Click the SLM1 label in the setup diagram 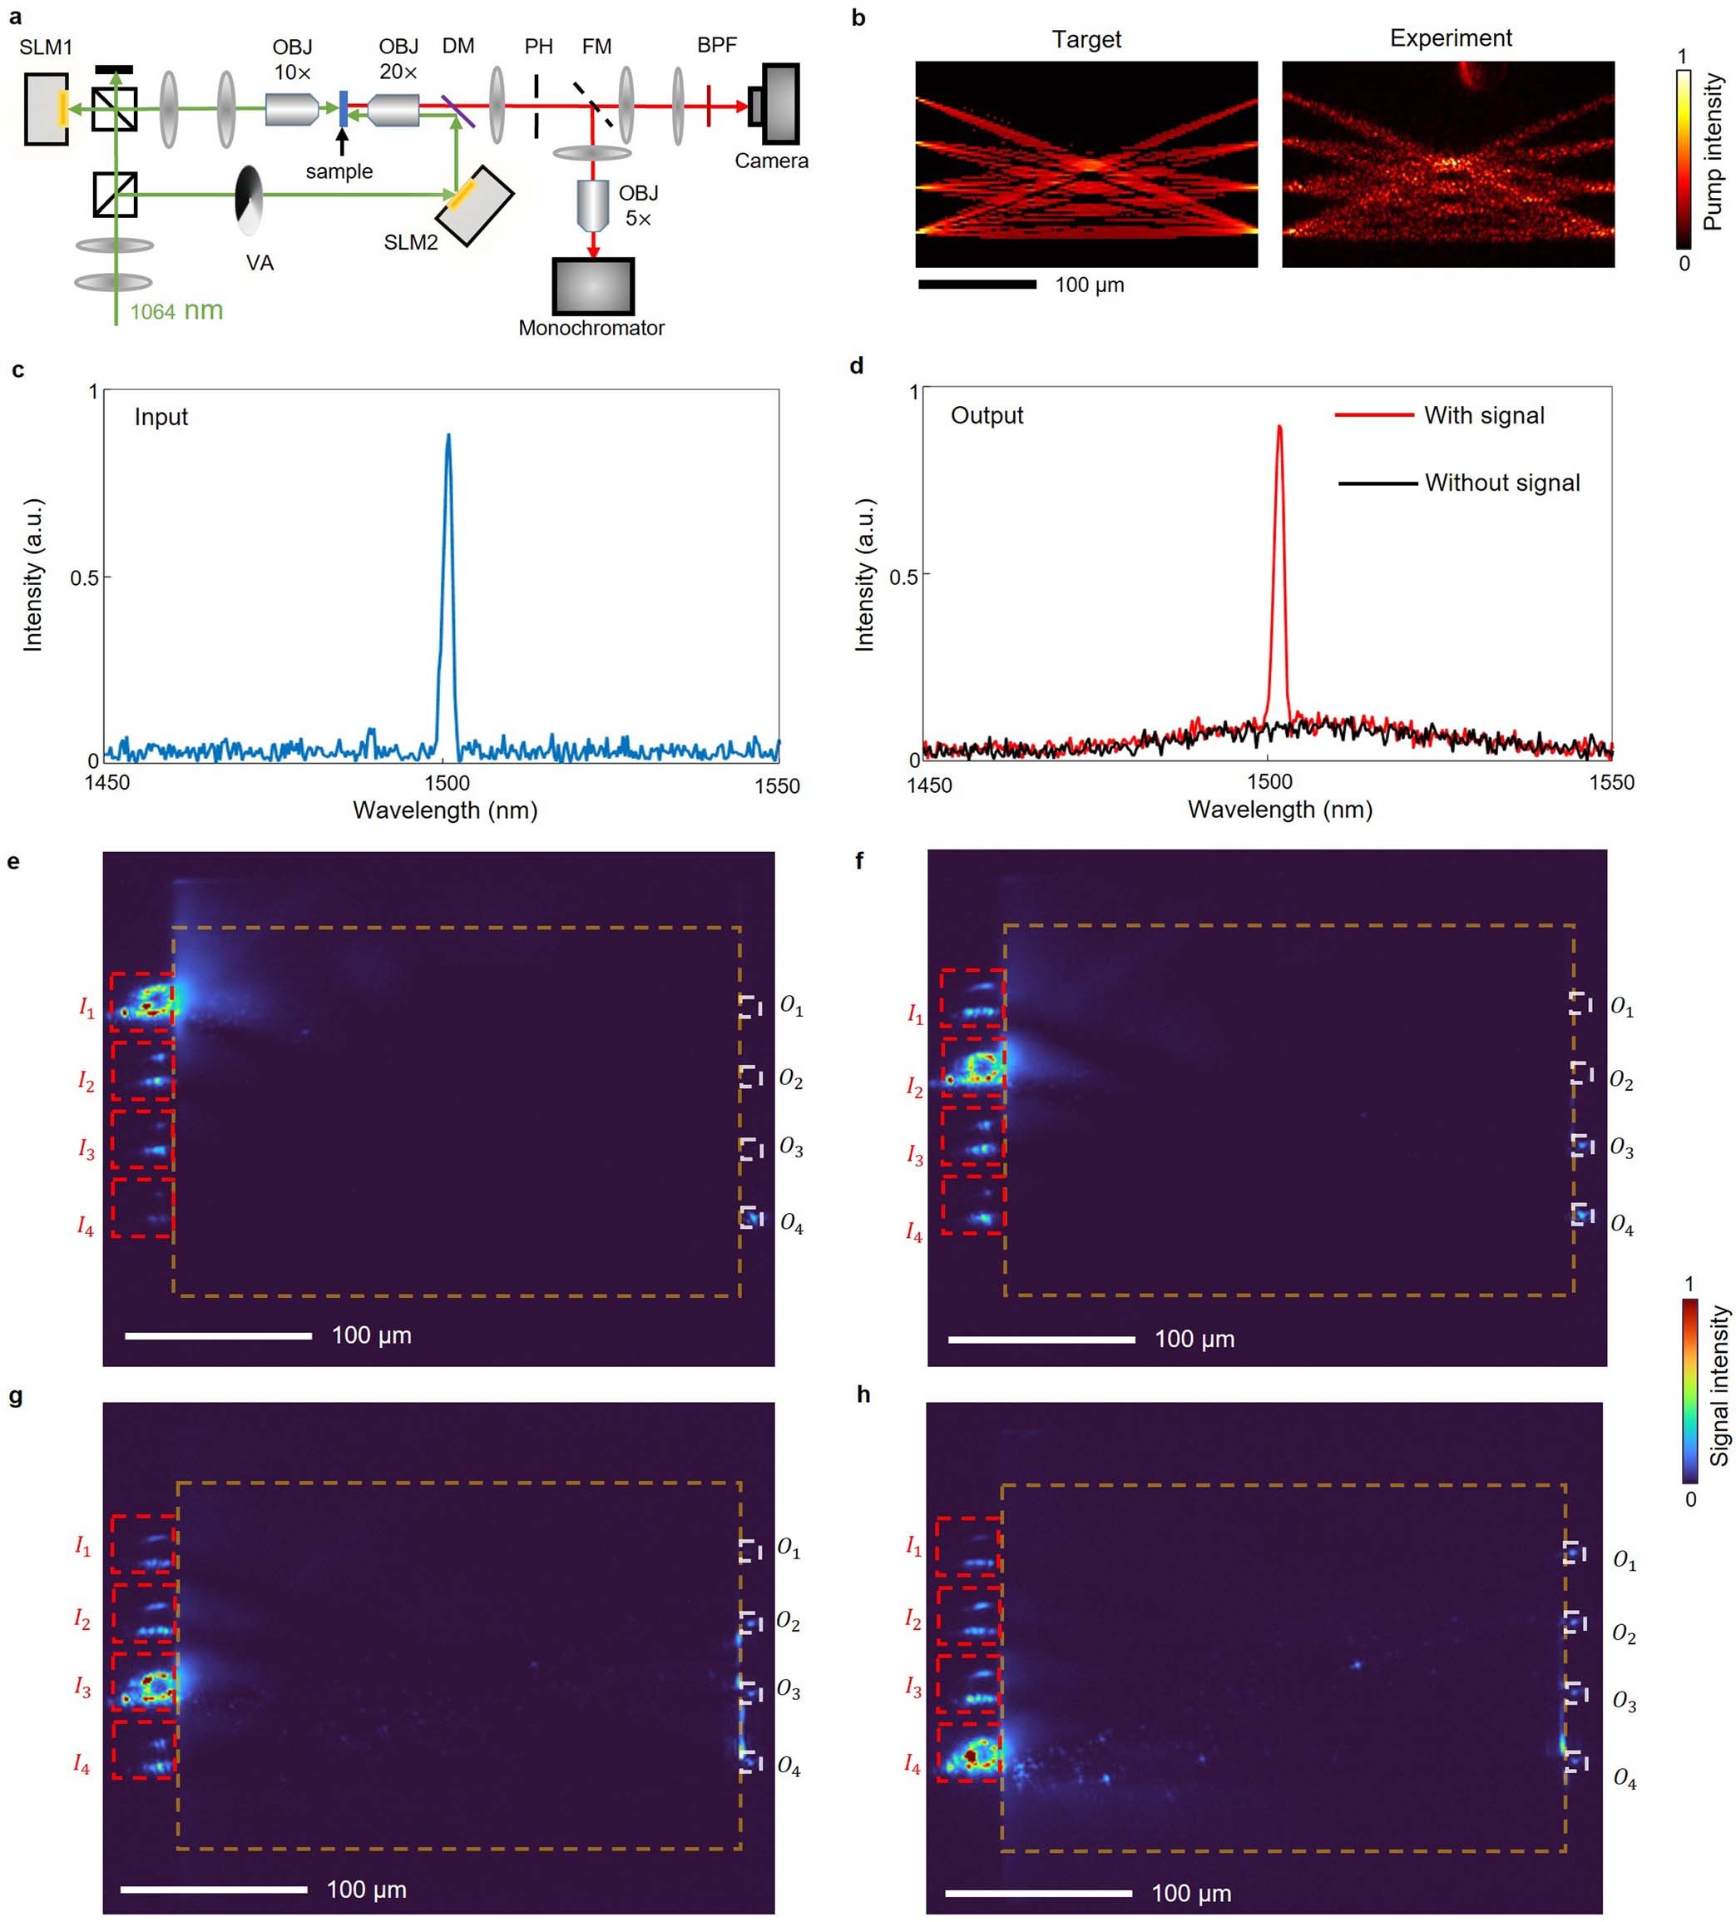tap(46, 47)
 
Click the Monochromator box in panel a tap(592, 286)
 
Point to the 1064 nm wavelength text tap(176, 311)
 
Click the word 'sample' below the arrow tap(339, 171)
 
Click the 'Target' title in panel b tap(1086, 39)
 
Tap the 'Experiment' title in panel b tap(1450, 38)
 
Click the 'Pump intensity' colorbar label tap(1713, 151)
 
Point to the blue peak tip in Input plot tap(448, 437)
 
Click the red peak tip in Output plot tap(1279, 428)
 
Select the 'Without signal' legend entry tap(1501, 483)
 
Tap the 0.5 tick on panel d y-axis tap(903, 576)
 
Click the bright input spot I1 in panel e tap(148, 1001)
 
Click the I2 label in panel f tap(913, 1087)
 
